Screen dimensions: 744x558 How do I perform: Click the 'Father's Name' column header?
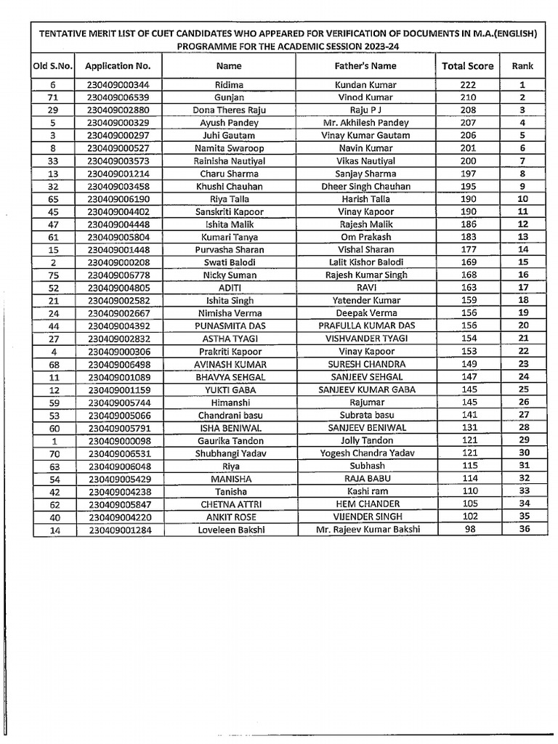point(366,66)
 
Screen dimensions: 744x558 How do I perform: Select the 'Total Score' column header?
point(467,66)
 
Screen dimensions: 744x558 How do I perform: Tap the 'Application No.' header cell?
point(118,66)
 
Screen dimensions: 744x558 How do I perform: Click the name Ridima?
point(229,85)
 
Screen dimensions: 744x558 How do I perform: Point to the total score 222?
point(468,85)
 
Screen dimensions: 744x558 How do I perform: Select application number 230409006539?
point(118,97)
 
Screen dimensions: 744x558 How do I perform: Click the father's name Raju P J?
point(366,110)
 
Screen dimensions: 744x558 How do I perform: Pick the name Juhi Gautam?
point(229,136)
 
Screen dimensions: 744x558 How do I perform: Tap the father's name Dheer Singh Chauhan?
point(366,187)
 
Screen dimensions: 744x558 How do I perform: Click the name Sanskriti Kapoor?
point(229,212)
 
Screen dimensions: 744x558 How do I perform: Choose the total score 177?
point(468,250)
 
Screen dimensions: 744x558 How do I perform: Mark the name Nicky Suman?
point(229,275)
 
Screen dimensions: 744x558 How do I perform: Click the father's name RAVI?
point(366,288)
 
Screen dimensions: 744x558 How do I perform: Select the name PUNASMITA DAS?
point(229,326)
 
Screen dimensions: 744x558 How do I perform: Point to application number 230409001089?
point(118,377)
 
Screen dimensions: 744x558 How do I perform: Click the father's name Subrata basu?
point(366,415)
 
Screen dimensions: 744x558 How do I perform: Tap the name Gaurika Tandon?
point(229,440)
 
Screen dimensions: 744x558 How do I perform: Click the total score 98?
point(468,529)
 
